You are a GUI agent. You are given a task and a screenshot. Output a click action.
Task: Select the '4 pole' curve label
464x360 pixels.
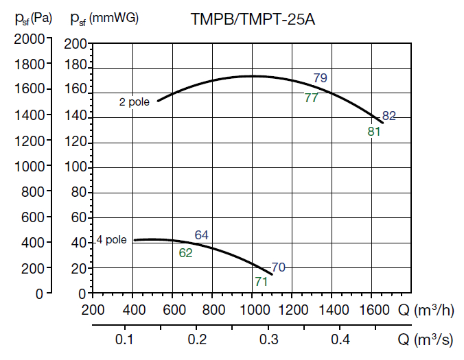pos(111,240)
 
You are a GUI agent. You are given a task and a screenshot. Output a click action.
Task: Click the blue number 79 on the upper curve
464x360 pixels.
pos(321,78)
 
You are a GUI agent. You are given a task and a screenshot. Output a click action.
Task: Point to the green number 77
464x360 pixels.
pos(311,98)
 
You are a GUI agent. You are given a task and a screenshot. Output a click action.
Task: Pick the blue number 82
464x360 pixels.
pos(389,116)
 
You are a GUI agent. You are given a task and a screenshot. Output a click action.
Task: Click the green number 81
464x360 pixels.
pos(374,132)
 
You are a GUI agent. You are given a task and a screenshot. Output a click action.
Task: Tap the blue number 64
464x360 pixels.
pos(201,235)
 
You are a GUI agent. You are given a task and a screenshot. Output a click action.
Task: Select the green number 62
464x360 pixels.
pos(186,252)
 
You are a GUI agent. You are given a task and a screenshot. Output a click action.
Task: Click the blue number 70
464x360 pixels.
pos(278,267)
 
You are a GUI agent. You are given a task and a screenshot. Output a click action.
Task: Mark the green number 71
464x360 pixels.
pos(261,281)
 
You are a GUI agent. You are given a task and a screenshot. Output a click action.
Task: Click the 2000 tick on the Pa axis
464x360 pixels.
pos(30,38)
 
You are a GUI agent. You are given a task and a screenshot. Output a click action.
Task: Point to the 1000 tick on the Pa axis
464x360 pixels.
pos(30,167)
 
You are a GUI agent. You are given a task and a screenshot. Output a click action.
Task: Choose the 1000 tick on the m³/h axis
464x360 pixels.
pos(252,310)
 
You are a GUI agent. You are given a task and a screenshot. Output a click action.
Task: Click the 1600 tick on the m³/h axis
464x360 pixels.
pos(371,310)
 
